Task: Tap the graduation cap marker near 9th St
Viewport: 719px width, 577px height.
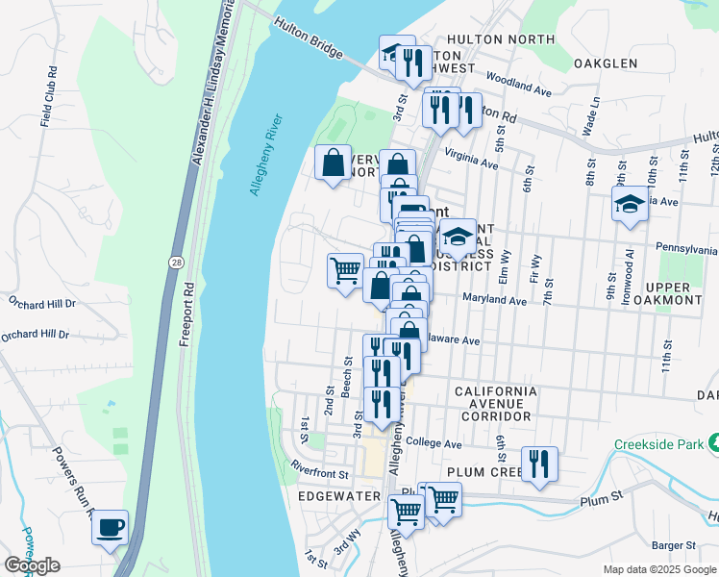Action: pos(630,204)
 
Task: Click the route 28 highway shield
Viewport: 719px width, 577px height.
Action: pos(175,262)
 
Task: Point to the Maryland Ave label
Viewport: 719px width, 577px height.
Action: pos(494,301)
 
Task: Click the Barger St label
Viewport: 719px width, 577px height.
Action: pos(673,545)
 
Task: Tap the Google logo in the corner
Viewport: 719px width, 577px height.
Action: pos(32,565)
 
